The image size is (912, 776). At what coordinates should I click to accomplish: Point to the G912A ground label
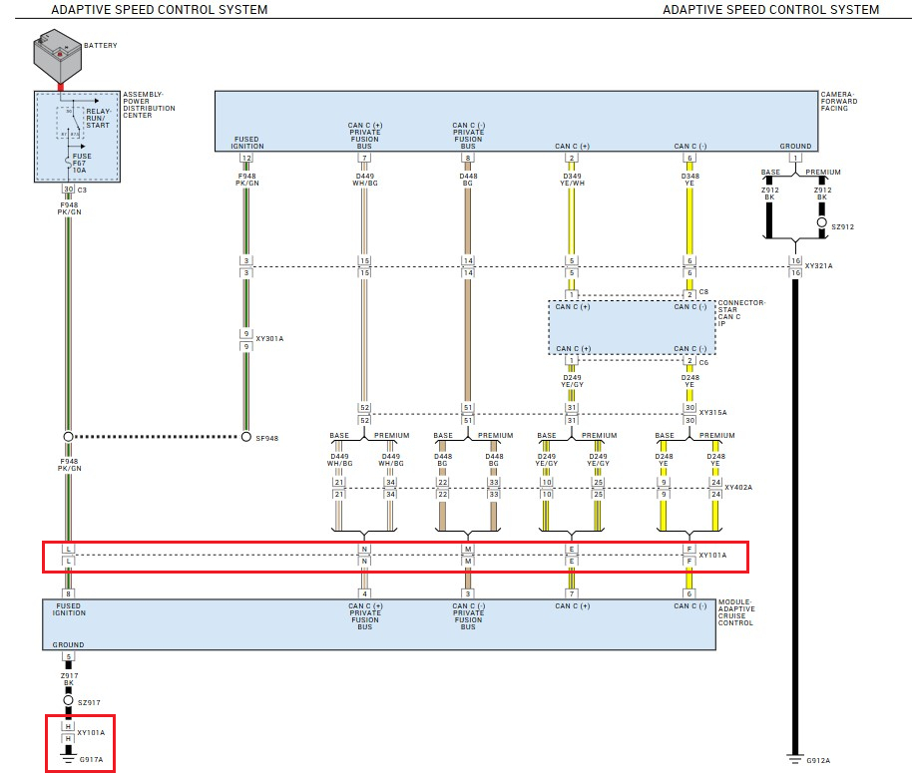point(817,760)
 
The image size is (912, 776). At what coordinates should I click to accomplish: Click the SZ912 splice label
point(843,226)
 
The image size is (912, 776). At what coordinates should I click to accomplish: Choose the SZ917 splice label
point(90,702)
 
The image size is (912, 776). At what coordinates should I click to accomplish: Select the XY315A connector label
point(712,413)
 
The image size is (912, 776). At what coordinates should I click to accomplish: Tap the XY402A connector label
point(739,488)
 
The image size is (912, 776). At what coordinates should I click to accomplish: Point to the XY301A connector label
point(269,339)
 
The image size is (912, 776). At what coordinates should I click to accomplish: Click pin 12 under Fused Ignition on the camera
point(246,158)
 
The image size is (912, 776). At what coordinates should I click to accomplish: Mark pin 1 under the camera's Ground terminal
point(795,158)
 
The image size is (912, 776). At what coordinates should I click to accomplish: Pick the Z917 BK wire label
point(69,679)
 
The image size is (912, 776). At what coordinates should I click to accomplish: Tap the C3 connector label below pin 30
point(83,189)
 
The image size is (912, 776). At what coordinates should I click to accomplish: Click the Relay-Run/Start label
point(98,118)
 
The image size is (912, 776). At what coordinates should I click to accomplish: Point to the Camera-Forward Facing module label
point(838,102)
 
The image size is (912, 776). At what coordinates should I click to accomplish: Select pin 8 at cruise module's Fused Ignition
point(69,594)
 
